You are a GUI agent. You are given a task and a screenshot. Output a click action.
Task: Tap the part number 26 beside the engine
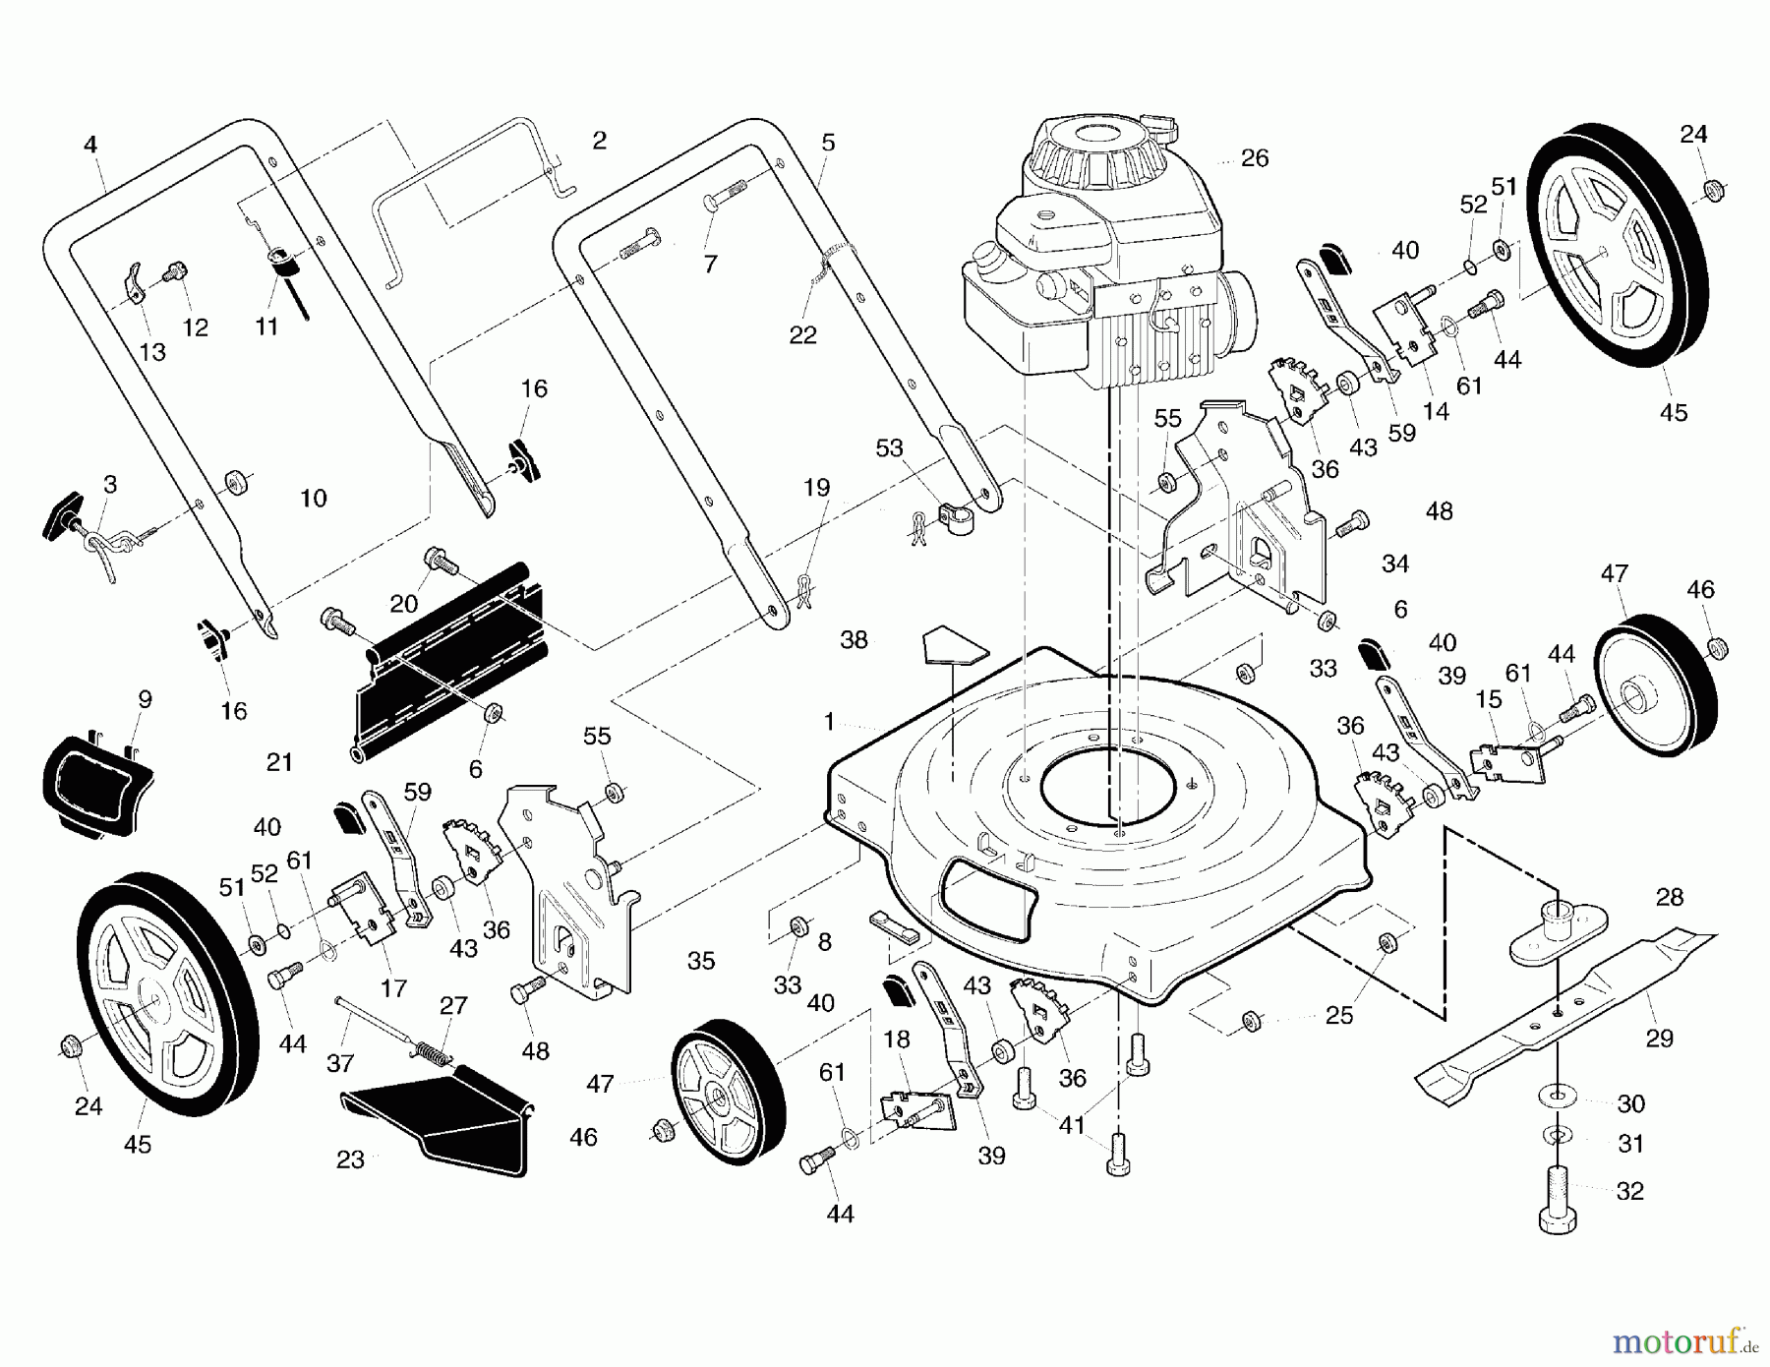tap(1254, 158)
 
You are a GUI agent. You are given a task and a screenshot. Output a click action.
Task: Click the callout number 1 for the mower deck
tap(829, 723)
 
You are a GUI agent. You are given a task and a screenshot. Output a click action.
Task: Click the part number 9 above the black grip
tap(145, 700)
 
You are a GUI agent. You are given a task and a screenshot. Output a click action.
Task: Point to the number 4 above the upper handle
tap(90, 146)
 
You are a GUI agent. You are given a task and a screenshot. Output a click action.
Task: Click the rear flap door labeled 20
tap(452, 649)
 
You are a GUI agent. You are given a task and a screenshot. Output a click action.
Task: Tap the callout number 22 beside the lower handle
tap(802, 335)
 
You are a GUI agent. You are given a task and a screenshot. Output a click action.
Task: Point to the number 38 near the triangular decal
tap(854, 640)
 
